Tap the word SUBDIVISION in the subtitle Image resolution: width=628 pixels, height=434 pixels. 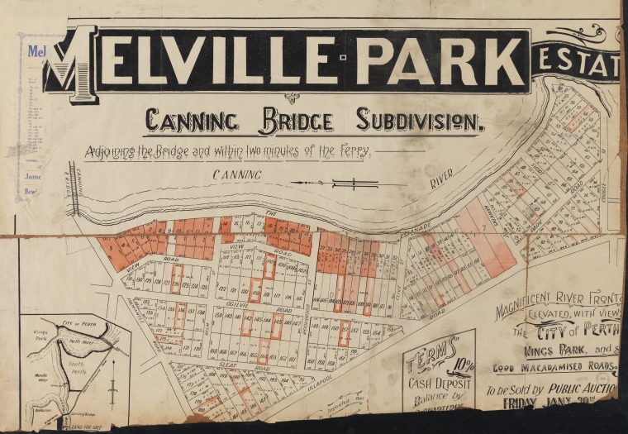point(419,122)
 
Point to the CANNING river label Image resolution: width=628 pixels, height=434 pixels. point(237,174)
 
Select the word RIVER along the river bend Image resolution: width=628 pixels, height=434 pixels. point(441,181)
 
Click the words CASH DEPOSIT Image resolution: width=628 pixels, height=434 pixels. point(440,382)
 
